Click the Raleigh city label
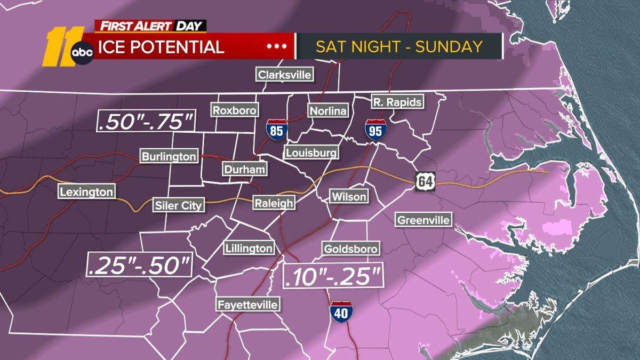pyautogui.click(x=273, y=203)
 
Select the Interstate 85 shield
pyautogui.click(x=277, y=130)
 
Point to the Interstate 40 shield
pyautogui.click(x=340, y=311)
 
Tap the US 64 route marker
pyautogui.click(x=426, y=181)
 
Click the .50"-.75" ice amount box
pyautogui.click(x=146, y=121)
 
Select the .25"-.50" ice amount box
pyautogui.click(x=139, y=265)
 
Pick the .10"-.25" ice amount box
pyautogui.click(x=332, y=276)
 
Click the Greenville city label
pyautogui.click(x=424, y=220)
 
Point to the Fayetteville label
pyautogui.click(x=247, y=305)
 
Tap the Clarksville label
pyautogui.click(x=284, y=75)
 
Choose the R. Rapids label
pyautogui.click(x=397, y=101)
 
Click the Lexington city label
pyautogui.click(x=86, y=192)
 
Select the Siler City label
pyautogui.click(x=178, y=204)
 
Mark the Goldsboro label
pyautogui.click(x=350, y=249)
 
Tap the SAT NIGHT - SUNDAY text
pyautogui.click(x=399, y=46)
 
